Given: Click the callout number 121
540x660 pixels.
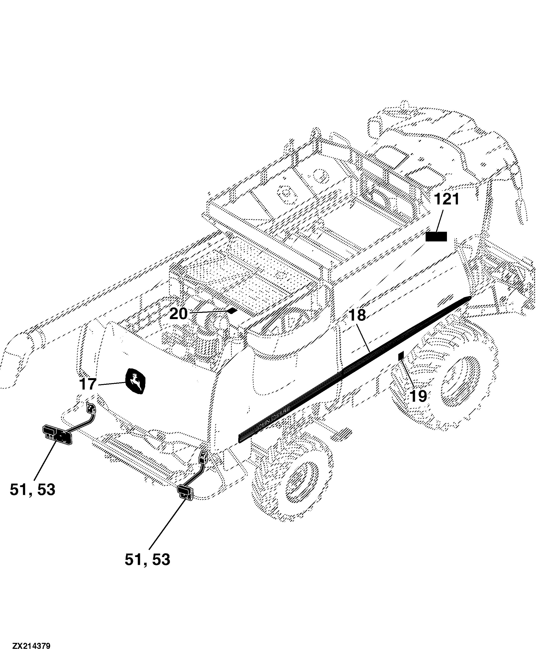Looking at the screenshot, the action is click(x=446, y=199).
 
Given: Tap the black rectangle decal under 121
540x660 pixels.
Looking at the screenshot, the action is click(x=436, y=237).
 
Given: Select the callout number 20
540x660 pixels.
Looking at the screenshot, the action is click(x=178, y=314).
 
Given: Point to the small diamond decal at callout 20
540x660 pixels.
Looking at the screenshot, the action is click(x=232, y=311).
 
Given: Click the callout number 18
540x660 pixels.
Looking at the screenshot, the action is click(x=357, y=315).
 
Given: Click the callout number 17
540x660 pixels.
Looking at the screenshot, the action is click(x=88, y=384).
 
